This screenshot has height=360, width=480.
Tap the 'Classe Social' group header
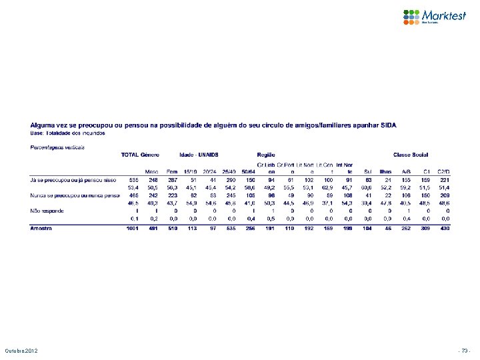coord(411,155)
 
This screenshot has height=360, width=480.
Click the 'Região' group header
coord(267,155)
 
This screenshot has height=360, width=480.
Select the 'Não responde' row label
coord(46,210)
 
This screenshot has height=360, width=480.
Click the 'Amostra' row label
coord(43,229)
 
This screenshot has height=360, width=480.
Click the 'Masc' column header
coord(153,171)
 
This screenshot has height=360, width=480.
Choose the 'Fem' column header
coord(172,171)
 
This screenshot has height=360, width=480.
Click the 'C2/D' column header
coord(443,171)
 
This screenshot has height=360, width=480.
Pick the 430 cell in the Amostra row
coord(444,229)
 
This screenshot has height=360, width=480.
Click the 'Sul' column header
coord(367,171)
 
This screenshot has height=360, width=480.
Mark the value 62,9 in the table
coord(328,187)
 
